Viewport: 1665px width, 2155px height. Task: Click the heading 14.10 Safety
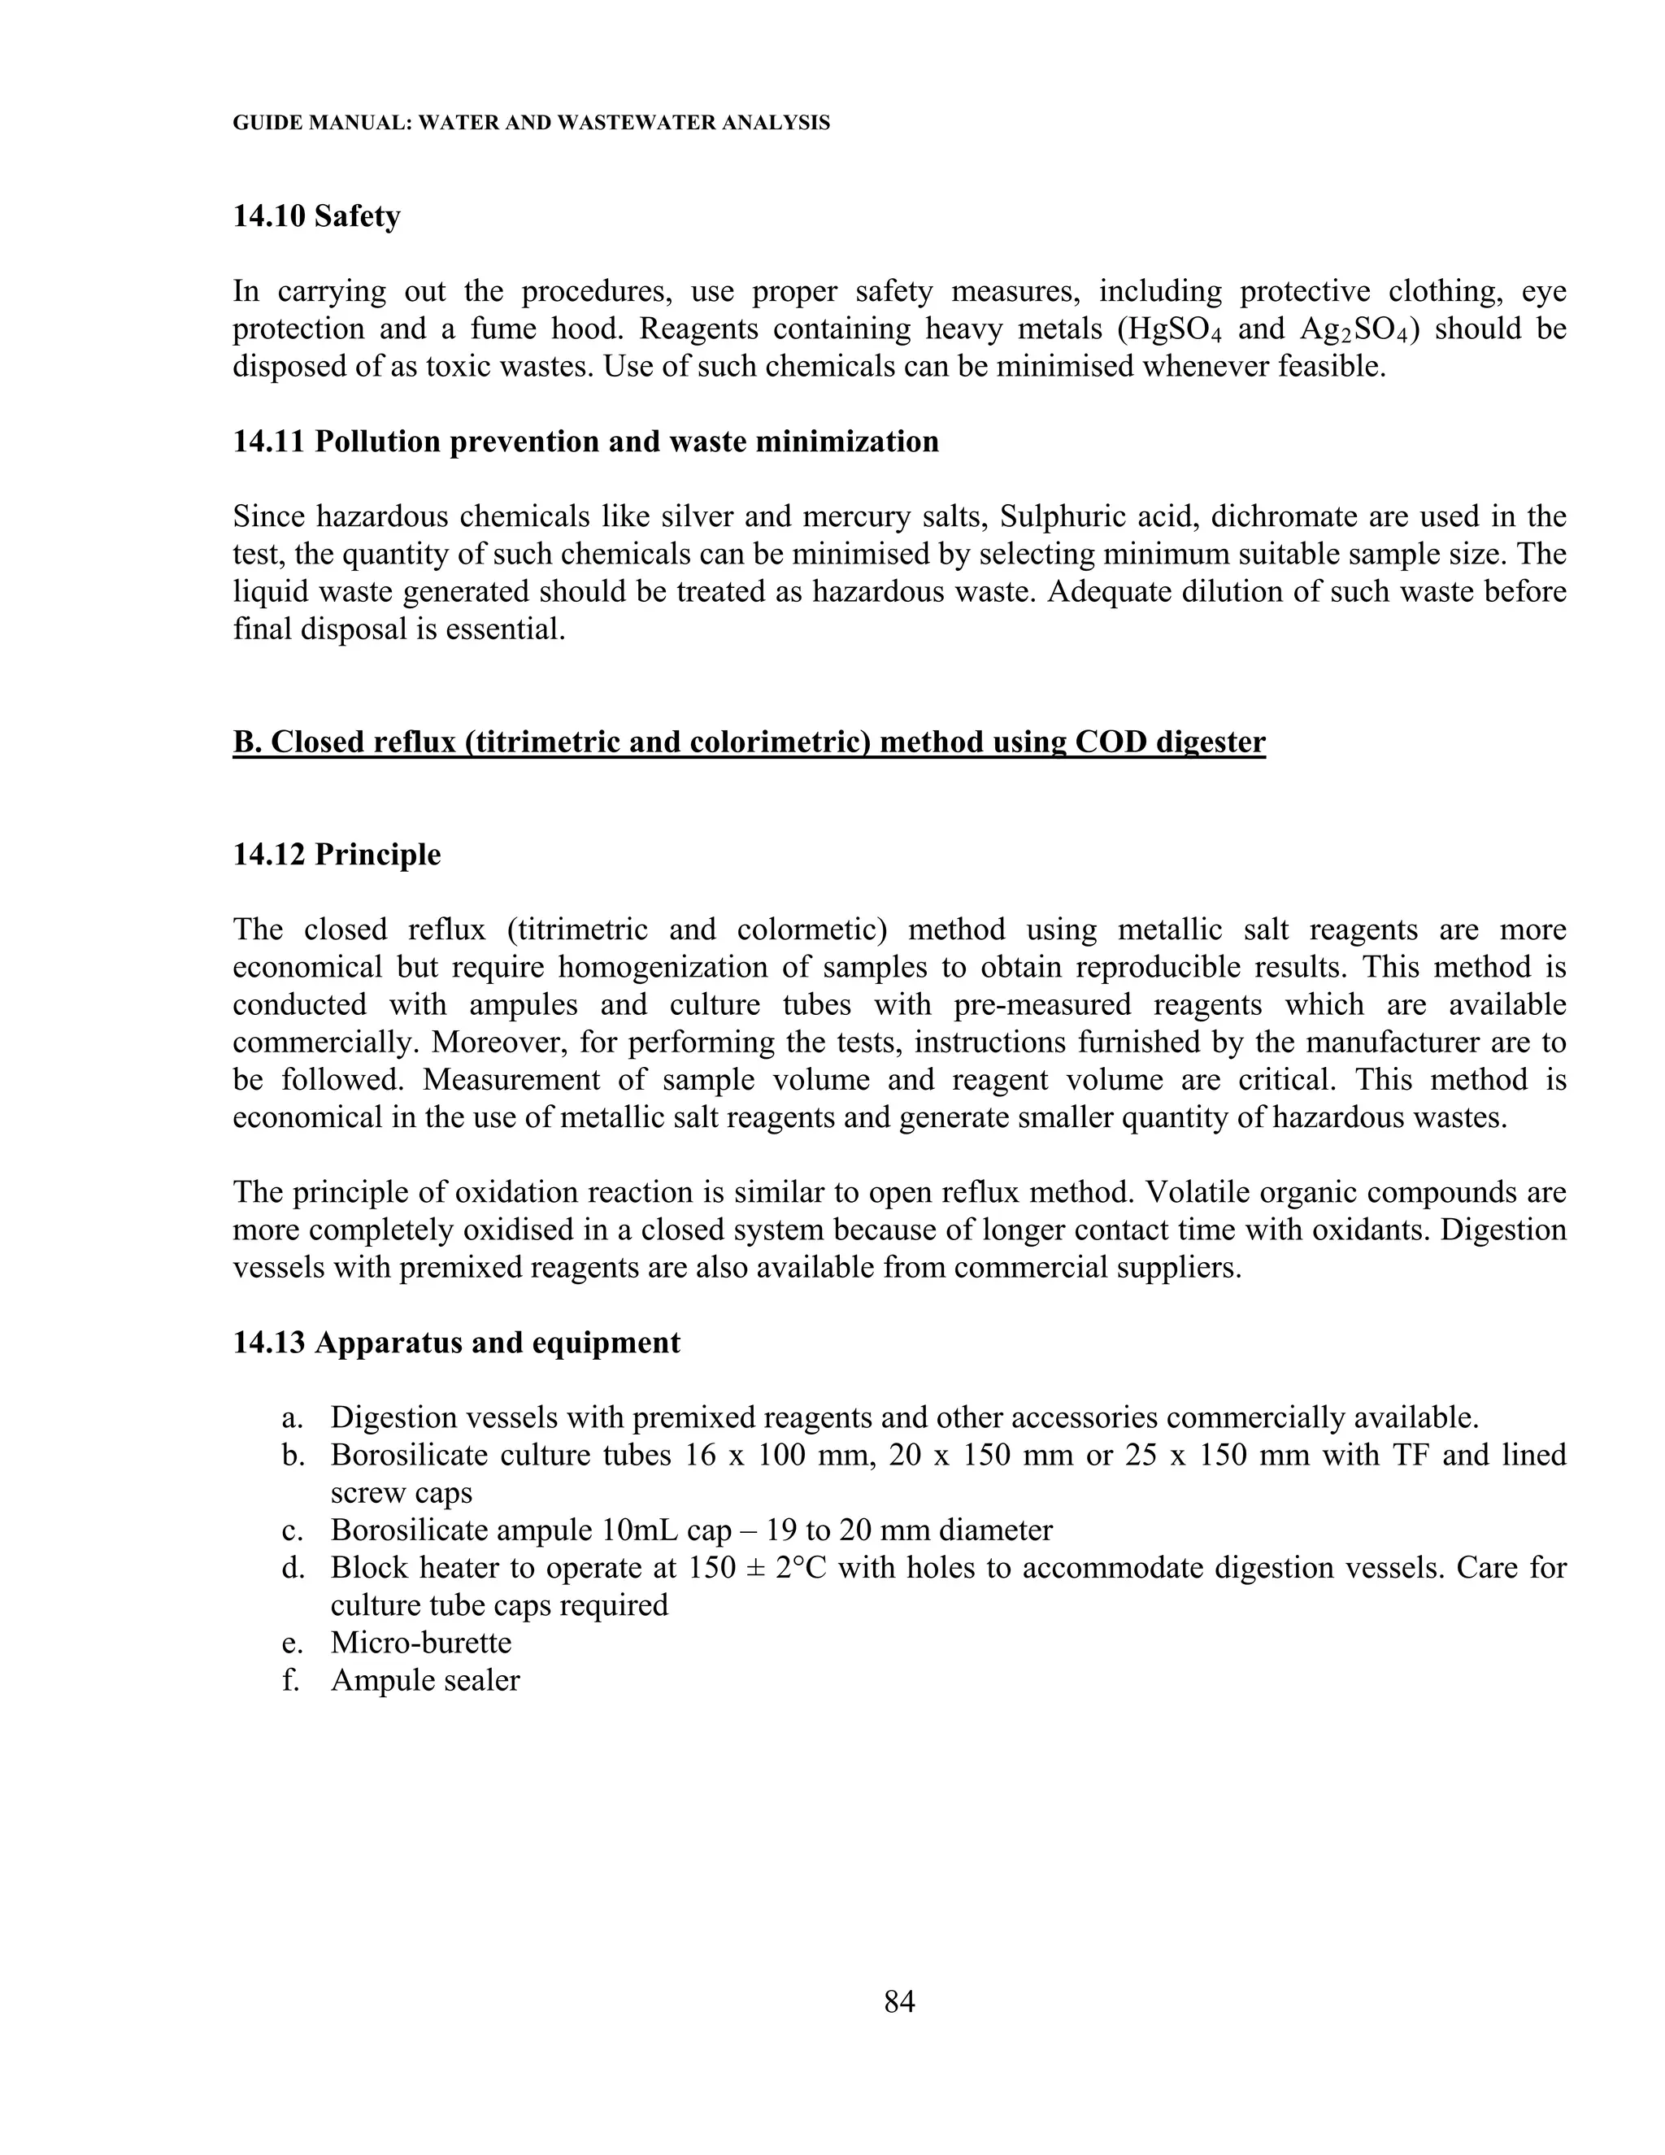(x=316, y=216)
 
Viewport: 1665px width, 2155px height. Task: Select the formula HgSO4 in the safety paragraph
(x=1173, y=329)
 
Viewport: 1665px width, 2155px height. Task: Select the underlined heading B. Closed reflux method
(x=748, y=742)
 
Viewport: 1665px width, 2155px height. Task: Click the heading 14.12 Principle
(x=337, y=855)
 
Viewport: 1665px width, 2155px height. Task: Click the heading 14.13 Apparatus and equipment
(x=456, y=1343)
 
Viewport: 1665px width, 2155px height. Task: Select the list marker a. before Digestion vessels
(x=290, y=1418)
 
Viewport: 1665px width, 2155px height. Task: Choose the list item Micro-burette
(x=421, y=1643)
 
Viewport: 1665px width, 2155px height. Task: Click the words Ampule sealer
(x=425, y=1680)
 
